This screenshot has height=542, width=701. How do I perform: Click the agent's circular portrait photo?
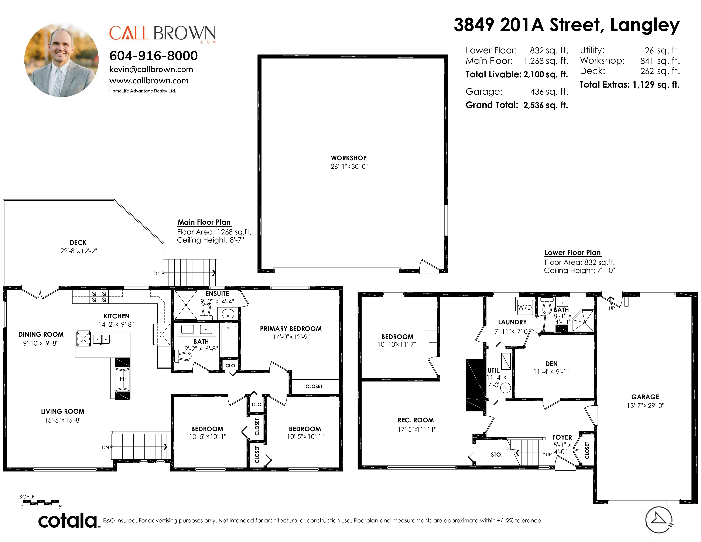(x=61, y=60)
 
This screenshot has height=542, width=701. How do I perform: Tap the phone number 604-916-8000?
(x=153, y=55)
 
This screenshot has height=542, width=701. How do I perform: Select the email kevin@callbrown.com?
(x=151, y=69)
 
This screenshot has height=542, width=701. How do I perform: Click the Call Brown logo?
(x=163, y=34)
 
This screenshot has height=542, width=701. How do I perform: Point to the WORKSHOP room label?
(x=349, y=158)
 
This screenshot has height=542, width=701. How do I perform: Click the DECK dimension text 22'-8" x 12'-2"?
(x=79, y=251)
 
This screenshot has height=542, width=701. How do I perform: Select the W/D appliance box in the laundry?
(x=525, y=307)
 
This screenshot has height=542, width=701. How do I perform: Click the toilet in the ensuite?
(x=206, y=311)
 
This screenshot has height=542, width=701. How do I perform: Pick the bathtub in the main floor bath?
(x=229, y=340)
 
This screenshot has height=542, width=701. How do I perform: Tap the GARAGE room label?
(x=645, y=397)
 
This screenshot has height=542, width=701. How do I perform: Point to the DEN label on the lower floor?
(x=551, y=364)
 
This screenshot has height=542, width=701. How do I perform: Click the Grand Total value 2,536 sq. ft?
(x=546, y=105)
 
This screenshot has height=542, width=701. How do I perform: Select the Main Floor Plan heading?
(x=204, y=222)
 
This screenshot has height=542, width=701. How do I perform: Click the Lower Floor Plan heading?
(x=573, y=253)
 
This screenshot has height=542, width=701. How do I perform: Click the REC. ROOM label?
(x=416, y=420)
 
